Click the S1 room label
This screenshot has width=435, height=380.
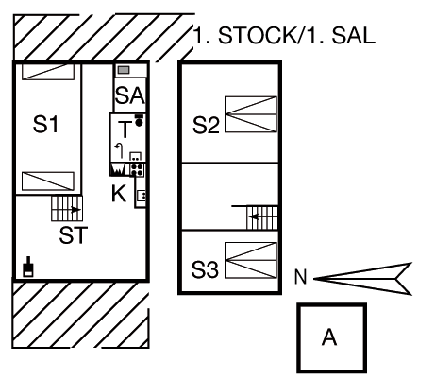pyautogui.click(x=45, y=124)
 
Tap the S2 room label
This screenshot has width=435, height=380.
pyautogui.click(x=206, y=125)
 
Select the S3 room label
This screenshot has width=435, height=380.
pyautogui.click(x=205, y=269)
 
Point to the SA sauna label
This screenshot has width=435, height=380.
pyautogui.click(x=130, y=95)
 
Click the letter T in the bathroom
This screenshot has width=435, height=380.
pyautogui.click(x=125, y=130)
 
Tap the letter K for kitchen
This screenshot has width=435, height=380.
pyautogui.click(x=119, y=193)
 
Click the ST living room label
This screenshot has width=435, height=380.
pyautogui.click(x=73, y=235)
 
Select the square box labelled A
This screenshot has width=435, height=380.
pyautogui.click(x=332, y=338)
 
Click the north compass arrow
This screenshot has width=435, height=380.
pyautogui.click(x=362, y=279)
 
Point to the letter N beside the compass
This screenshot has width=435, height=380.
pyautogui.click(x=300, y=277)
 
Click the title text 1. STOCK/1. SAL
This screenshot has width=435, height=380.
pyautogui.click(x=284, y=35)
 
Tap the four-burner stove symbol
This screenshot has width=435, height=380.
pyautogui.click(x=137, y=169)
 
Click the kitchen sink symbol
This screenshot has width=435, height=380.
pyautogui.click(x=142, y=196)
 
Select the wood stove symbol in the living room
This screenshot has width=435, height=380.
pyautogui.click(x=28, y=267)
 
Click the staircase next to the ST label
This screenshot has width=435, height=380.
pyautogui.click(x=67, y=208)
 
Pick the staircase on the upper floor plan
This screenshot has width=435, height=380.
pyautogui.click(x=262, y=217)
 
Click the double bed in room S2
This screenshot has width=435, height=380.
pyautogui.click(x=251, y=114)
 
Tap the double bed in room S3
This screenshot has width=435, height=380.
pyautogui.click(x=251, y=260)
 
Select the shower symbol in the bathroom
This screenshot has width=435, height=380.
pyautogui.click(x=119, y=150)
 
